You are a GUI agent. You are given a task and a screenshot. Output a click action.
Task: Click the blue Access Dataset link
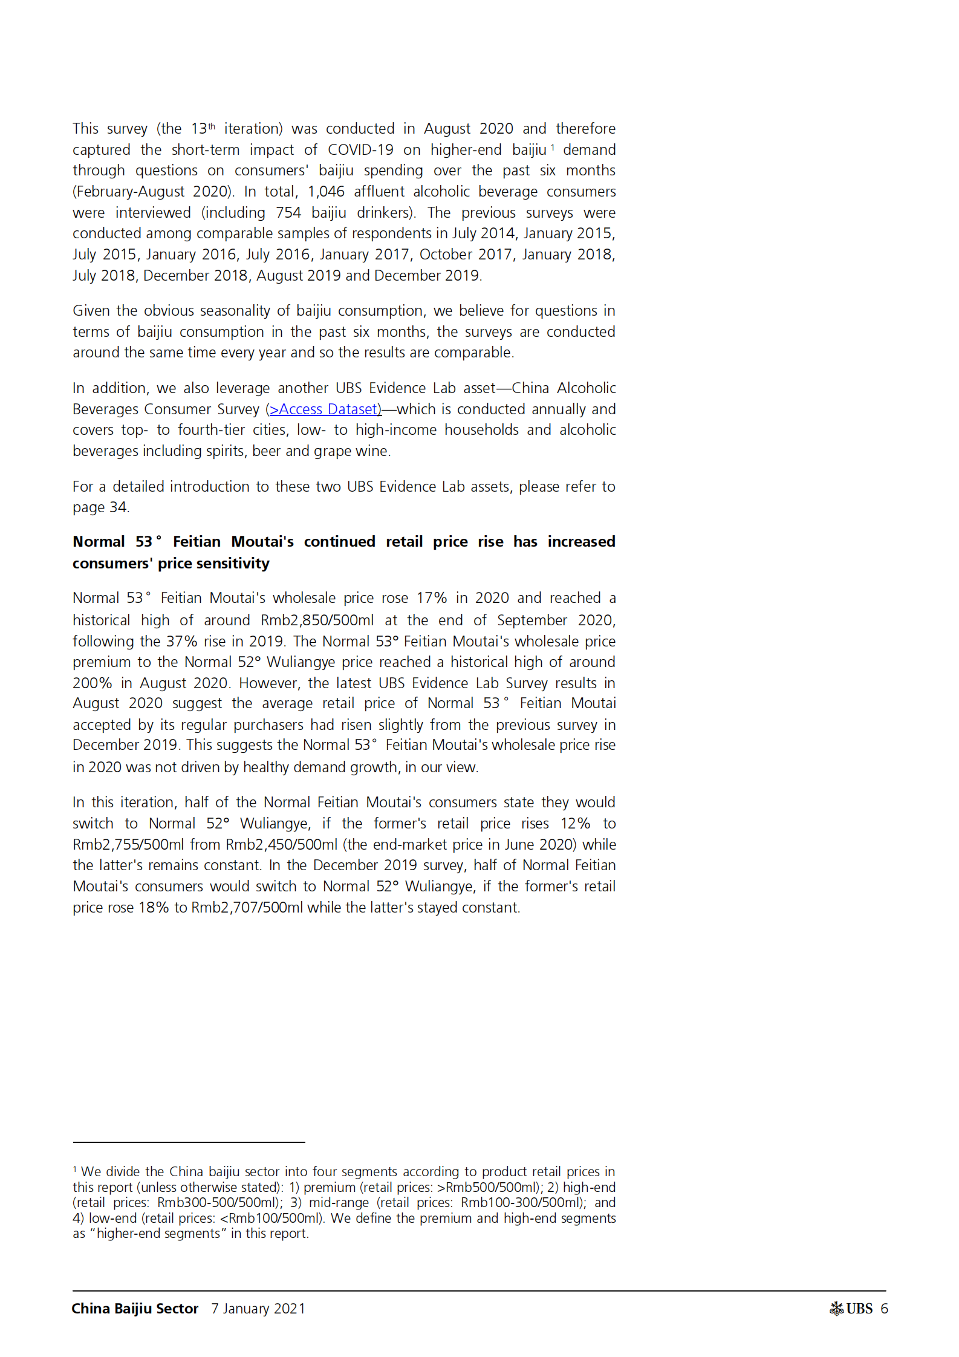pos(325,409)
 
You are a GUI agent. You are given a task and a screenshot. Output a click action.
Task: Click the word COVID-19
pos(360,150)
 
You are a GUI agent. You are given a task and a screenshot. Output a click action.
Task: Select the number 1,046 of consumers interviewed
pos(326,192)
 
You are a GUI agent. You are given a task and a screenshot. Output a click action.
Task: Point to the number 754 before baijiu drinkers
pos(288,213)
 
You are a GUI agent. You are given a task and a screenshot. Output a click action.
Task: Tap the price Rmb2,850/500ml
pos(317,620)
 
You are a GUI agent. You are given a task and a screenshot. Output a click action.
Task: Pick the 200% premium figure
pos(92,683)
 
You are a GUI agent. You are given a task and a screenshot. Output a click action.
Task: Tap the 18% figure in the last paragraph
pos(153,908)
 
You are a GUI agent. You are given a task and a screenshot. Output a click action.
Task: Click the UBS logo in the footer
pos(851,1309)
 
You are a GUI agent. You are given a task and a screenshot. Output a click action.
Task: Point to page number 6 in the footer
pos(885,1309)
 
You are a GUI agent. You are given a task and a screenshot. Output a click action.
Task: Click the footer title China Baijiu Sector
pos(135,1309)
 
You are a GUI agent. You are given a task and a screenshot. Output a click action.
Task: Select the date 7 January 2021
pos(258,1309)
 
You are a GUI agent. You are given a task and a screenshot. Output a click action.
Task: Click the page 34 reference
pos(100,507)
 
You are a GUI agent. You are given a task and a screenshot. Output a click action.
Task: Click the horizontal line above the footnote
pos(189,1142)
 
